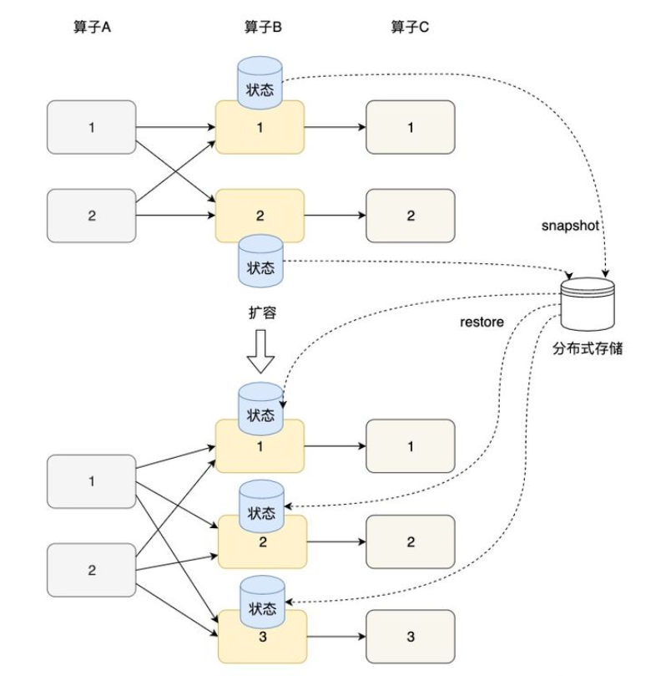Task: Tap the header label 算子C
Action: pos(411,27)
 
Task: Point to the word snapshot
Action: pos(570,226)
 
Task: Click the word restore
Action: pos(482,322)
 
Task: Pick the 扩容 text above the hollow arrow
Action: pos(261,313)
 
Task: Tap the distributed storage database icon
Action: pos(588,304)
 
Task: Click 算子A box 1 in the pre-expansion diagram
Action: pos(92,129)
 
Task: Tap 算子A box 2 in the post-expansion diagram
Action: pos(92,570)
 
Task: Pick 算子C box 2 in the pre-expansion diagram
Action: pos(410,216)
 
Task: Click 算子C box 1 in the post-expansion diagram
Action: pos(410,446)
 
